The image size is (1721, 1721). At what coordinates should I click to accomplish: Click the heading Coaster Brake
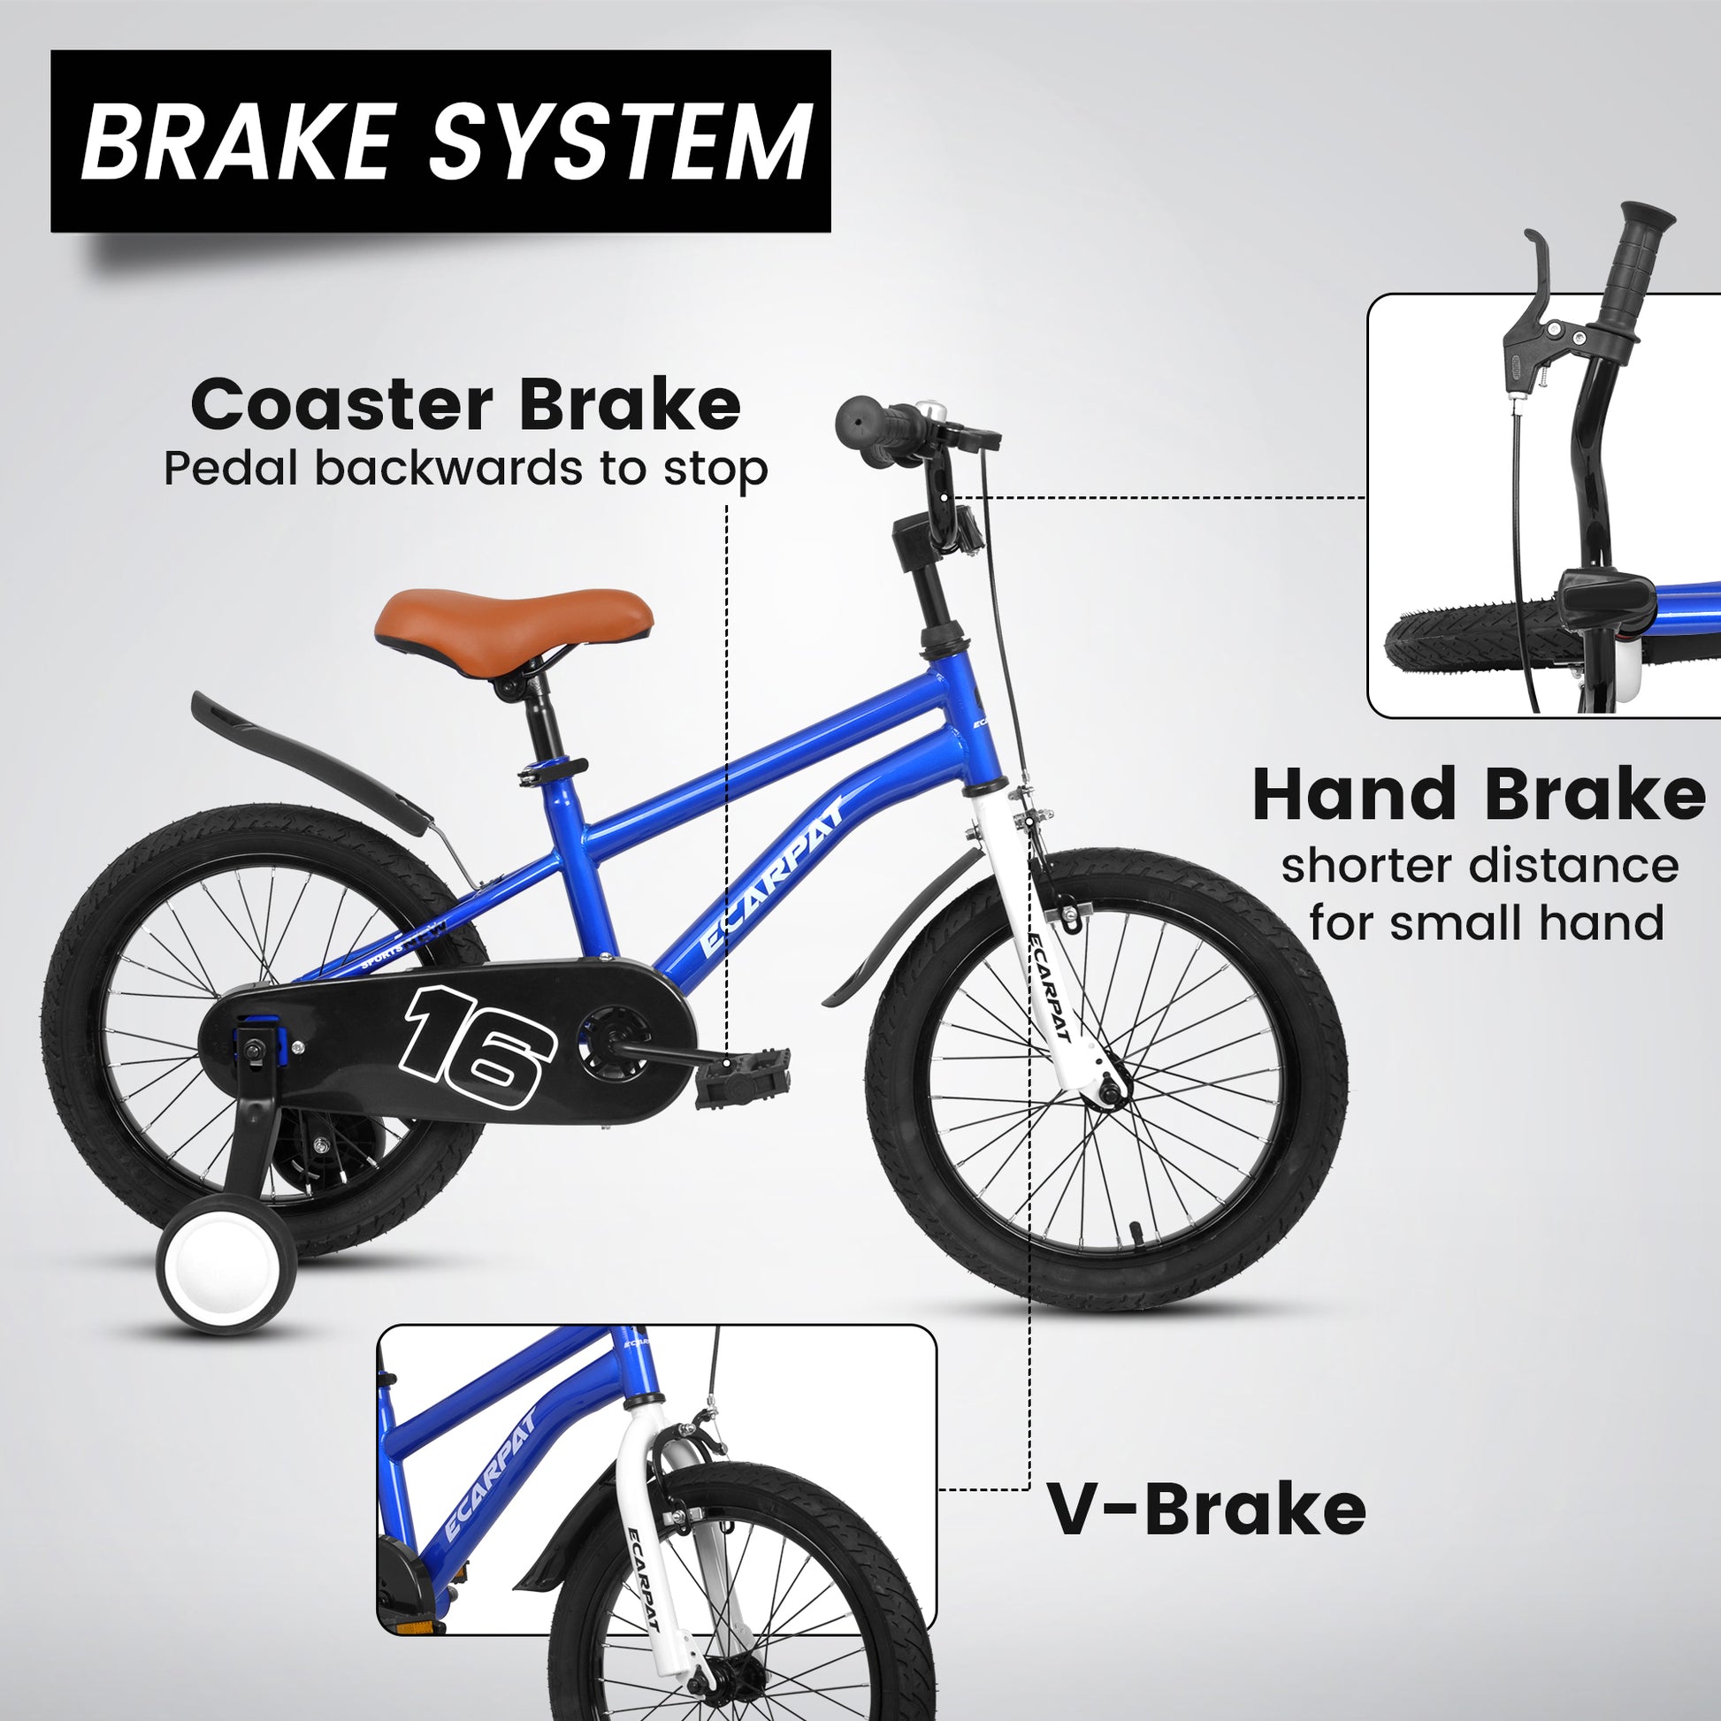click(x=465, y=406)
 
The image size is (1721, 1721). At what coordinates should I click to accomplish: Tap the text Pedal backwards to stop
click(x=465, y=469)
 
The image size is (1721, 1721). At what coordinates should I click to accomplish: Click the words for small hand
click(x=1486, y=924)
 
